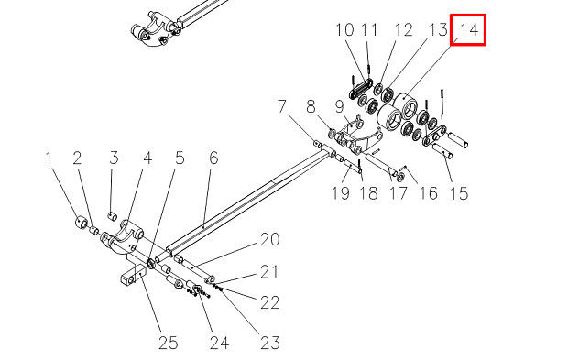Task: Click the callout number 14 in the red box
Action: pos(469,29)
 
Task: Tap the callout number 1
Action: pos(49,158)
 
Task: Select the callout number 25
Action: pos(169,343)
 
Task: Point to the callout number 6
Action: pos(213,158)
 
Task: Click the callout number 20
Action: pos(270,239)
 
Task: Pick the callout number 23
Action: pos(270,343)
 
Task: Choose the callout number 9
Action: pos(339,106)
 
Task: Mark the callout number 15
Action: pos(459,193)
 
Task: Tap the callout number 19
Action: pos(341,193)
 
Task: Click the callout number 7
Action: pos(282,106)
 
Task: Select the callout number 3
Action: pos(114,158)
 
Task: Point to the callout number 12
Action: pos(403,29)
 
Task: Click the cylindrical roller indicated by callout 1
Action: pos(82,222)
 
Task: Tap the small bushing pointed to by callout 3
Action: pos(113,216)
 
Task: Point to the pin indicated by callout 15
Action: pos(442,151)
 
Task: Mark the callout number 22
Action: pos(270,303)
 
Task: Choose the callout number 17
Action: pos(399,193)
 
